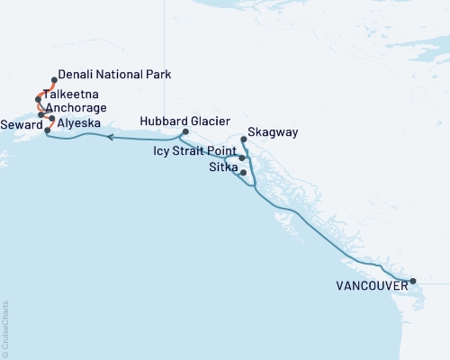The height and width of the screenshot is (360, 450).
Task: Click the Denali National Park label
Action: pyautogui.click(x=113, y=76)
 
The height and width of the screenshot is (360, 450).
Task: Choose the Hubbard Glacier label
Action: pyautogui.click(x=186, y=121)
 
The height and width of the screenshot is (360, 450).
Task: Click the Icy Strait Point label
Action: pyautogui.click(x=196, y=153)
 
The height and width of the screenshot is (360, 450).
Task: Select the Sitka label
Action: pyautogui.click(x=222, y=167)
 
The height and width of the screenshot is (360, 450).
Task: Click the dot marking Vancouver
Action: pyautogui.click(x=413, y=282)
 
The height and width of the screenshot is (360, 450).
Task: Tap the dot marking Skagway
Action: pyautogui.click(x=245, y=139)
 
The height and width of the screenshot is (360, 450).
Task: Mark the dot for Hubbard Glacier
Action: pyautogui.click(x=185, y=133)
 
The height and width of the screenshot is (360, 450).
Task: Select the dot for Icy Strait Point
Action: pyautogui.click(x=241, y=157)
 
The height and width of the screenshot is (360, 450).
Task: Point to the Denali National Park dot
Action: pyautogui.click(x=55, y=79)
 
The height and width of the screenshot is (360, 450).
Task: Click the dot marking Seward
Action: pyautogui.click(x=47, y=131)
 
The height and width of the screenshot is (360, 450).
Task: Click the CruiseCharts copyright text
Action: pyautogui.click(x=5, y=328)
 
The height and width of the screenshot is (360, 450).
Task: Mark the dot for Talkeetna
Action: pyautogui.click(x=39, y=98)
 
